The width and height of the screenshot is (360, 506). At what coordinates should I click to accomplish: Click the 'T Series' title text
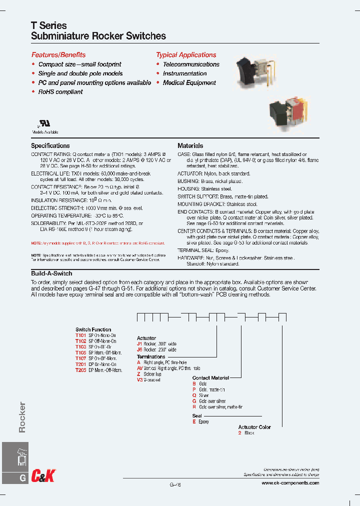pos(49,25)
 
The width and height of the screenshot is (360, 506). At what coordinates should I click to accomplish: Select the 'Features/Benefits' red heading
pos(58,55)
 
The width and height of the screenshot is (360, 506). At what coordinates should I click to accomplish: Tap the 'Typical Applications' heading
pos(186,55)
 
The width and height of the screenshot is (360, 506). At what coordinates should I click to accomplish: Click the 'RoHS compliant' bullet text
pos(60,92)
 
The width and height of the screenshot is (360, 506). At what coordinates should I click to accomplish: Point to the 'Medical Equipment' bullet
pos(189,83)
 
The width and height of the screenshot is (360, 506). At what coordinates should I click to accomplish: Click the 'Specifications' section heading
pos(50,146)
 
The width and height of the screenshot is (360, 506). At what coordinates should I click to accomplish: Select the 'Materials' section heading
pos(190,146)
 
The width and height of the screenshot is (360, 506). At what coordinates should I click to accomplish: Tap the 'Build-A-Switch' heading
pos(51,273)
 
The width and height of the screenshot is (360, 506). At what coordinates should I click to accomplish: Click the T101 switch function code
pos(80,335)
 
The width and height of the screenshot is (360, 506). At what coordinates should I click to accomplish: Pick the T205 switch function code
pos(80,370)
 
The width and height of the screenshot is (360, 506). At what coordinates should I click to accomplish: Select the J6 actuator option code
pos(139,350)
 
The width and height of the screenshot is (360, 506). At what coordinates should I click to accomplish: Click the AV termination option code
pos(140,368)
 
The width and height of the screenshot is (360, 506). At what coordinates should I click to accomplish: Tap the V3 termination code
pos(140,380)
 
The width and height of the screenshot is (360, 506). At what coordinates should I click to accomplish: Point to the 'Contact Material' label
pos(210,378)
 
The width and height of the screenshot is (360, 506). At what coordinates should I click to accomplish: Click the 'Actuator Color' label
pos(254,427)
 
